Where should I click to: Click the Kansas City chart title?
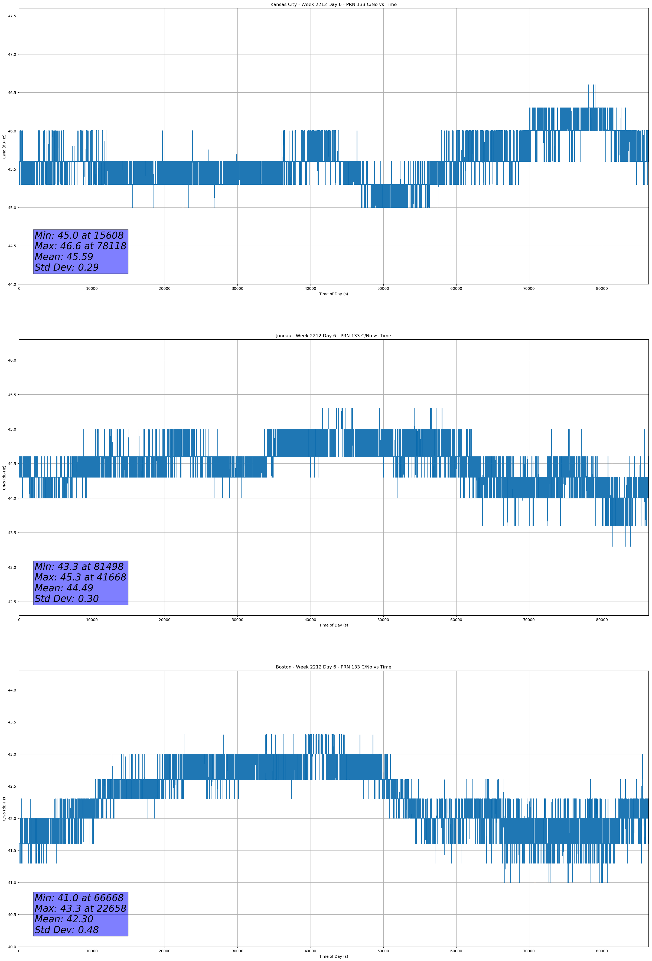click(x=333, y=5)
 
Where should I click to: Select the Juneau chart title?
click(x=333, y=336)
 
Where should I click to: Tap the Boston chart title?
click(x=333, y=667)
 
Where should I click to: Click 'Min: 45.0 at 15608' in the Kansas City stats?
click(x=79, y=235)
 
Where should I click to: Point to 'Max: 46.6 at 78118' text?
click(x=80, y=246)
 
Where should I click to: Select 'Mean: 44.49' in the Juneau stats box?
click(x=64, y=588)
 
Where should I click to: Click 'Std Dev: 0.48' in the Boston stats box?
click(x=67, y=930)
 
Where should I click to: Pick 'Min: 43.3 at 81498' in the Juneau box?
click(x=79, y=567)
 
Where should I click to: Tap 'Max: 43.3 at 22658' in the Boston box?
click(x=80, y=908)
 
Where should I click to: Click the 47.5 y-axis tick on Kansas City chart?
click(x=12, y=16)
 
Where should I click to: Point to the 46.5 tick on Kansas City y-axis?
click(x=12, y=93)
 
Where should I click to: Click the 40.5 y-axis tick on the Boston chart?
click(x=12, y=915)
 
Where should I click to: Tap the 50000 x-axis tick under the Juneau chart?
click(x=383, y=620)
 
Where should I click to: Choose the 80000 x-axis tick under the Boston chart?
click(x=602, y=951)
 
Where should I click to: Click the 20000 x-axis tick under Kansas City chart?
click(x=165, y=289)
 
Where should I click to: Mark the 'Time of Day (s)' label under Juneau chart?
click(x=333, y=625)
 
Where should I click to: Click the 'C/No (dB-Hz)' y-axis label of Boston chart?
click(x=4, y=809)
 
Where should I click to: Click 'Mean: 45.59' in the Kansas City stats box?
click(x=64, y=257)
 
